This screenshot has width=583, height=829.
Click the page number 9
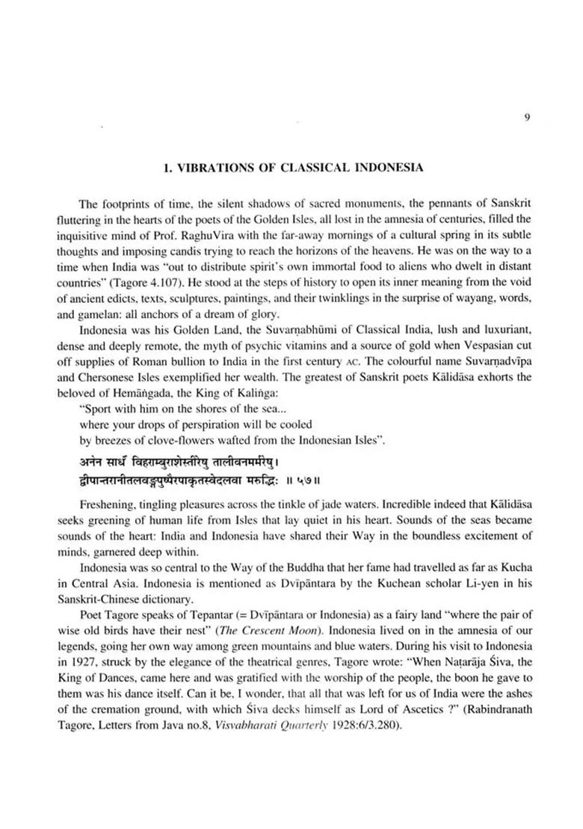(527, 117)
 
